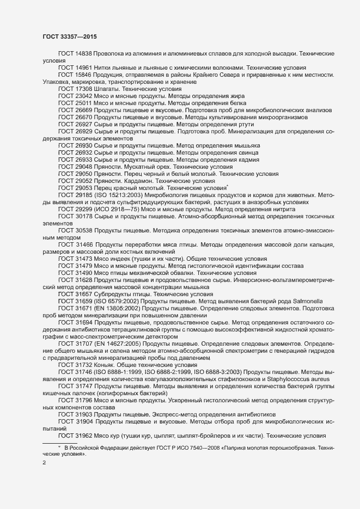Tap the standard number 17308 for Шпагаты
[83, 88]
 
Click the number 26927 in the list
[83, 124]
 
